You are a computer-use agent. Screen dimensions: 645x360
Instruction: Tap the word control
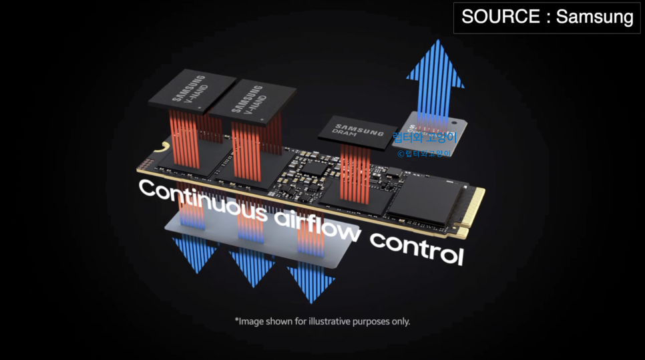(415, 248)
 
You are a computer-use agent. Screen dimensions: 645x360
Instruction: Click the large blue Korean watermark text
(424, 139)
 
